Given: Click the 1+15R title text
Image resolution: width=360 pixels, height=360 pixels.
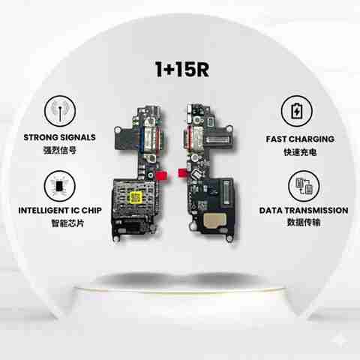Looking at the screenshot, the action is coord(182,69).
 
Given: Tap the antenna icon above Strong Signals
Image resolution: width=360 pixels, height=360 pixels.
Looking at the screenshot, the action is coord(60,111).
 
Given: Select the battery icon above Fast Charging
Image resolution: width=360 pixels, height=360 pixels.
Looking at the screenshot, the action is coord(297,111).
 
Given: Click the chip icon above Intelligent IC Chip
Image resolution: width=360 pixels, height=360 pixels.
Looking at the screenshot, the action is coord(60,186).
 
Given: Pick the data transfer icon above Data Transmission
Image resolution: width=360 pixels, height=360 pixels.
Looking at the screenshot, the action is coord(304,186).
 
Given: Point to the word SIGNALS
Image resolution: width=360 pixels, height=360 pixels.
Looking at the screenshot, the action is coord(78,137).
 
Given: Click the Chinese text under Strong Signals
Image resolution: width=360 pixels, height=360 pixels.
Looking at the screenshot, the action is coord(60,150).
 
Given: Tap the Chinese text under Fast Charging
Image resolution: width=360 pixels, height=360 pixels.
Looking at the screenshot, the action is coord(300,152).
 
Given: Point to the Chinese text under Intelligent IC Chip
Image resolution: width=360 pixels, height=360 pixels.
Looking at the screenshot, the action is coord(67,223).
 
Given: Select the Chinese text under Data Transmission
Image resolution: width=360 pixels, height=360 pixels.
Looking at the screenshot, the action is coord(304,222).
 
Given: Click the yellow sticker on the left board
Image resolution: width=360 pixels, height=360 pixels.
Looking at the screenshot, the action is coord(135,198).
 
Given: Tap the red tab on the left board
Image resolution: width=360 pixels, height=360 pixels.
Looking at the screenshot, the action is coord(161,175).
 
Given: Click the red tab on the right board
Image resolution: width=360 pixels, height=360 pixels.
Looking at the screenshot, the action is coord(182,173).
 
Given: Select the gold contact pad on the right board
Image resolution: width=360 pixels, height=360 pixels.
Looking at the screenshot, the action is coord(213,220).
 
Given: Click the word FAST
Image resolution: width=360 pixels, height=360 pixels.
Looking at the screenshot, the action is coord(276,139).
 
